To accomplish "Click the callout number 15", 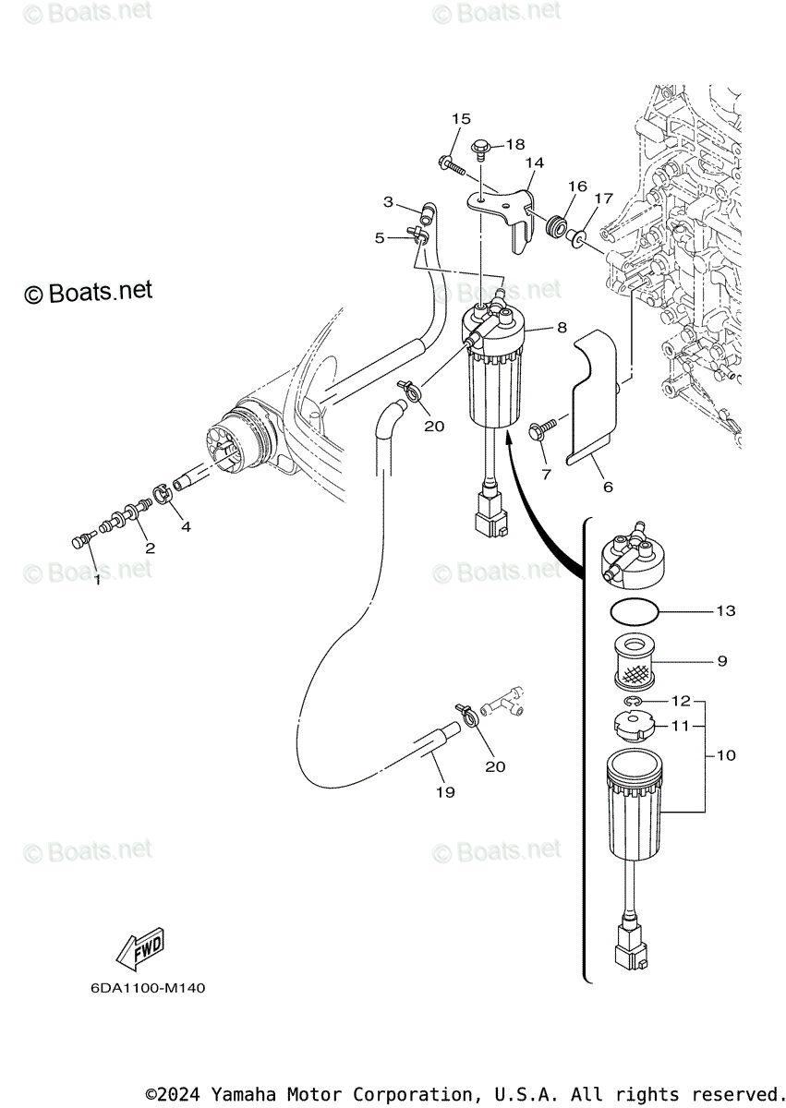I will pos(461,118).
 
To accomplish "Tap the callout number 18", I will pos(514,145).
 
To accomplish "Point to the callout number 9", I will pos(722,661).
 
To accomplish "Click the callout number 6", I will pos(607,487).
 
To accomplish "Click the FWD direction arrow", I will pos(139,948).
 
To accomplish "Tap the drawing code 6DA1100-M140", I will pos(148,988).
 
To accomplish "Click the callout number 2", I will pos(150,548).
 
